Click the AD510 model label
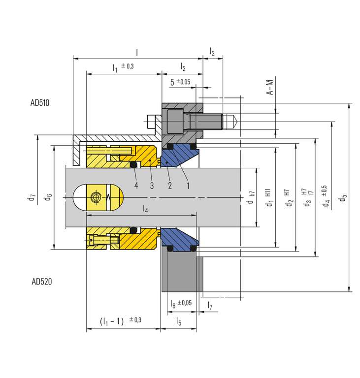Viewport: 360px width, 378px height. pyautogui.click(x=40, y=103)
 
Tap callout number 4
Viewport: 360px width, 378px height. pyautogui.click(x=136, y=186)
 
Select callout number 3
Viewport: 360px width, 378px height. pyautogui.click(x=152, y=186)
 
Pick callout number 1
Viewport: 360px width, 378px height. pyautogui.click(x=188, y=186)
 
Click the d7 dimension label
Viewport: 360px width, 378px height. pyautogui.click(x=32, y=197)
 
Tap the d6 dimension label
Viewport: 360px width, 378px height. pyautogui.click(x=48, y=197)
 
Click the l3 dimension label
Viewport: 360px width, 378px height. pyautogui.click(x=212, y=51)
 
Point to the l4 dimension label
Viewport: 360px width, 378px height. pyautogui.click(x=145, y=210)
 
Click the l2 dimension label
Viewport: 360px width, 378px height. pyautogui.click(x=183, y=66)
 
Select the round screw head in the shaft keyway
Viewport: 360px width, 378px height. pyautogui.click(x=95, y=196)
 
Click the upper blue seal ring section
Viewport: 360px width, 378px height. pyautogui.click(x=180, y=156)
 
